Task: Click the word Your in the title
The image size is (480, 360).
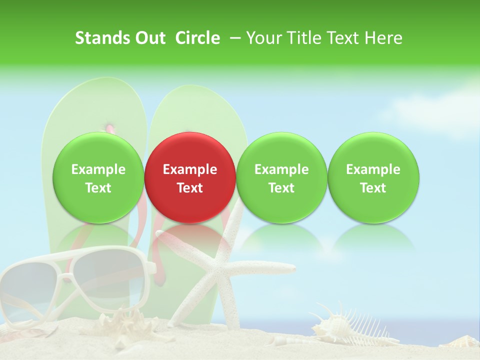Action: (262, 38)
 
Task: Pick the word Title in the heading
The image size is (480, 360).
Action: (304, 38)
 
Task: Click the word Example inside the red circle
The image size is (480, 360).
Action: (190, 169)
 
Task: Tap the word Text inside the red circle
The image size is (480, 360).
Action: (190, 188)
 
